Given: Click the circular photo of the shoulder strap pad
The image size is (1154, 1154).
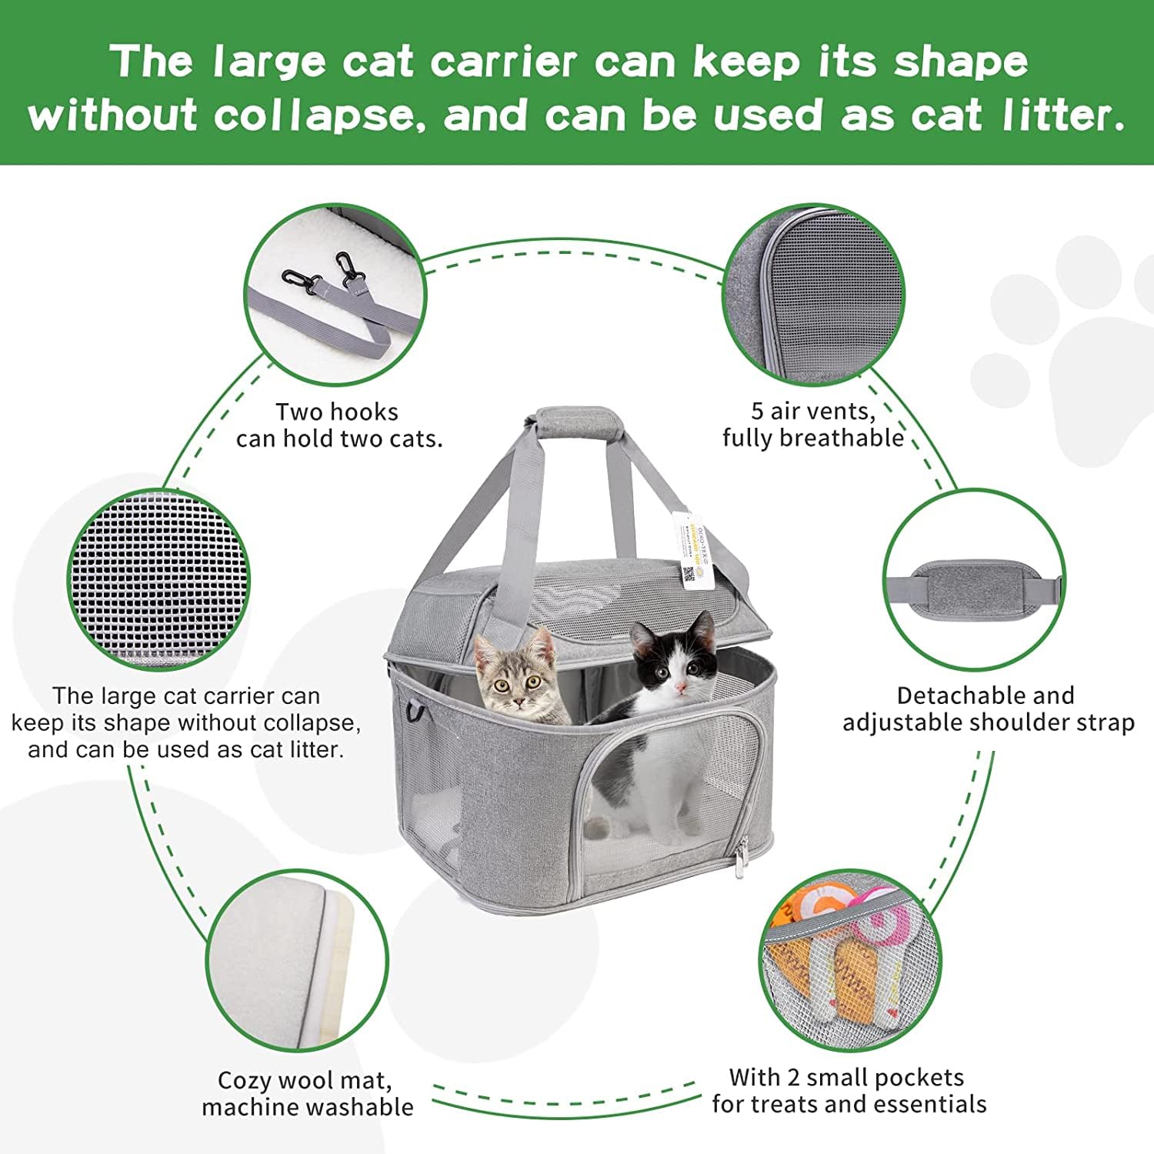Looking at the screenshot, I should point(973,581).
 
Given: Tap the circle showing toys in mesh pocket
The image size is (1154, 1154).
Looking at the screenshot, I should point(850,962).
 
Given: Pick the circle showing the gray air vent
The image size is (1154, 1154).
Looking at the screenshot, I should point(813,295).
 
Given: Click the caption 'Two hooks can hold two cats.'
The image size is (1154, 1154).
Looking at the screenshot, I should point(339,425).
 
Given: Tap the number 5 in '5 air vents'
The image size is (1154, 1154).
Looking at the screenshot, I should point(757,412).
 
